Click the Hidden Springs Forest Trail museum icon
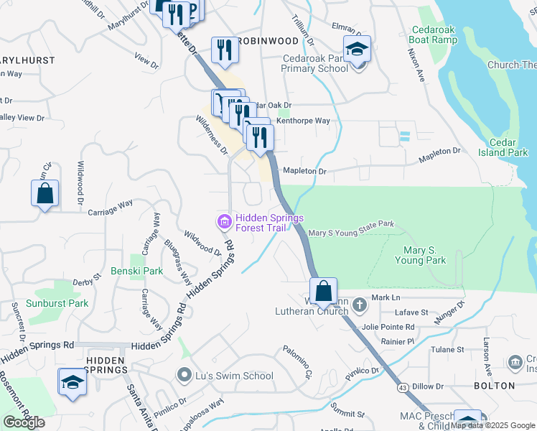(x=224, y=222)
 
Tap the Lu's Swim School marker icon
(x=185, y=375)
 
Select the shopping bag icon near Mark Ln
(x=324, y=292)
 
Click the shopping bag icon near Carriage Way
(x=45, y=193)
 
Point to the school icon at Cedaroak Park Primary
(x=357, y=49)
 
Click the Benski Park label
(x=136, y=272)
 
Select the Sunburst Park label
(x=57, y=303)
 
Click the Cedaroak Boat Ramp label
(x=434, y=34)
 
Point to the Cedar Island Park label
(x=508, y=147)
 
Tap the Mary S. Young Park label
(x=421, y=255)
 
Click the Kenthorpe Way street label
(x=303, y=121)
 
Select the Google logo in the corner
(x=24, y=422)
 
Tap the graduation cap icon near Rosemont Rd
(x=73, y=381)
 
